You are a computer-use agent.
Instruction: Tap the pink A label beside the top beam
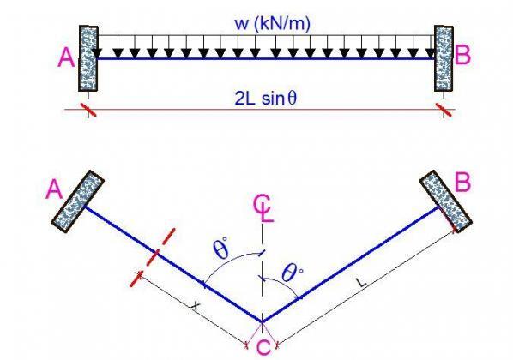[66, 57]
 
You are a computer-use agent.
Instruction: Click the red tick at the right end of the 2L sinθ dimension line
[444, 110]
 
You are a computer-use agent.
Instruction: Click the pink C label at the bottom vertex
[263, 347]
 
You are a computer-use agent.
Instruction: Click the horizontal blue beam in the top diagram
[267, 58]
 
